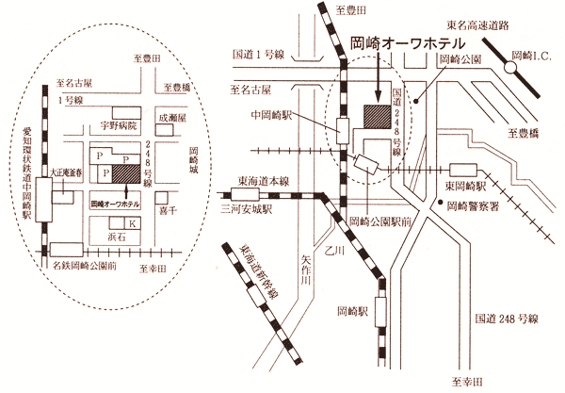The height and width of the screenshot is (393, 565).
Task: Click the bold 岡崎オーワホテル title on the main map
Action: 408,44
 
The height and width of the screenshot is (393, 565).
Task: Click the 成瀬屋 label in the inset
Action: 171,119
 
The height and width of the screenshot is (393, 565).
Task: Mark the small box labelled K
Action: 132,222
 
